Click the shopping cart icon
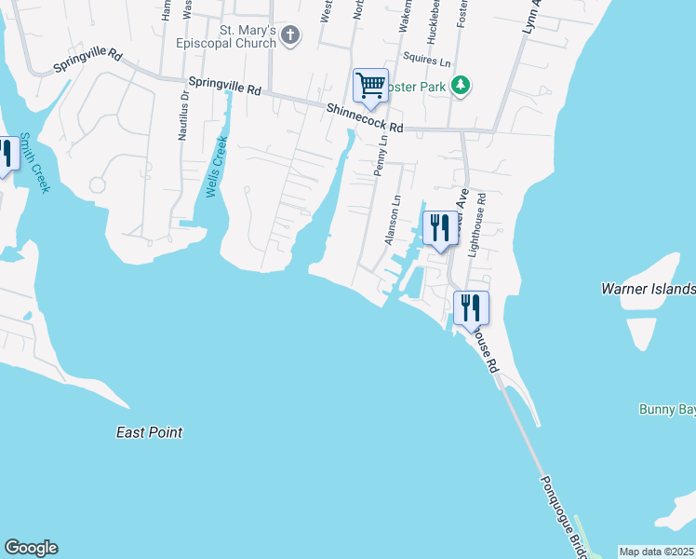click(x=370, y=86)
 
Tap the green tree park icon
click(x=460, y=86)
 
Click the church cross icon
click(x=290, y=36)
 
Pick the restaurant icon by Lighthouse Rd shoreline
click(x=471, y=307)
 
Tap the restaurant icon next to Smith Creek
click(x=5, y=154)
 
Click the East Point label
click(x=149, y=432)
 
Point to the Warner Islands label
click(x=649, y=289)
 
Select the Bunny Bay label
click(x=667, y=409)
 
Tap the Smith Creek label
click(x=36, y=162)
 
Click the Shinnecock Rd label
click(x=365, y=118)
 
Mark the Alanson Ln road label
click(x=393, y=221)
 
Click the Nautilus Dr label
click(x=183, y=115)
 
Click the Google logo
click(x=31, y=548)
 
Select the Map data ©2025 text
click(x=657, y=552)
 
